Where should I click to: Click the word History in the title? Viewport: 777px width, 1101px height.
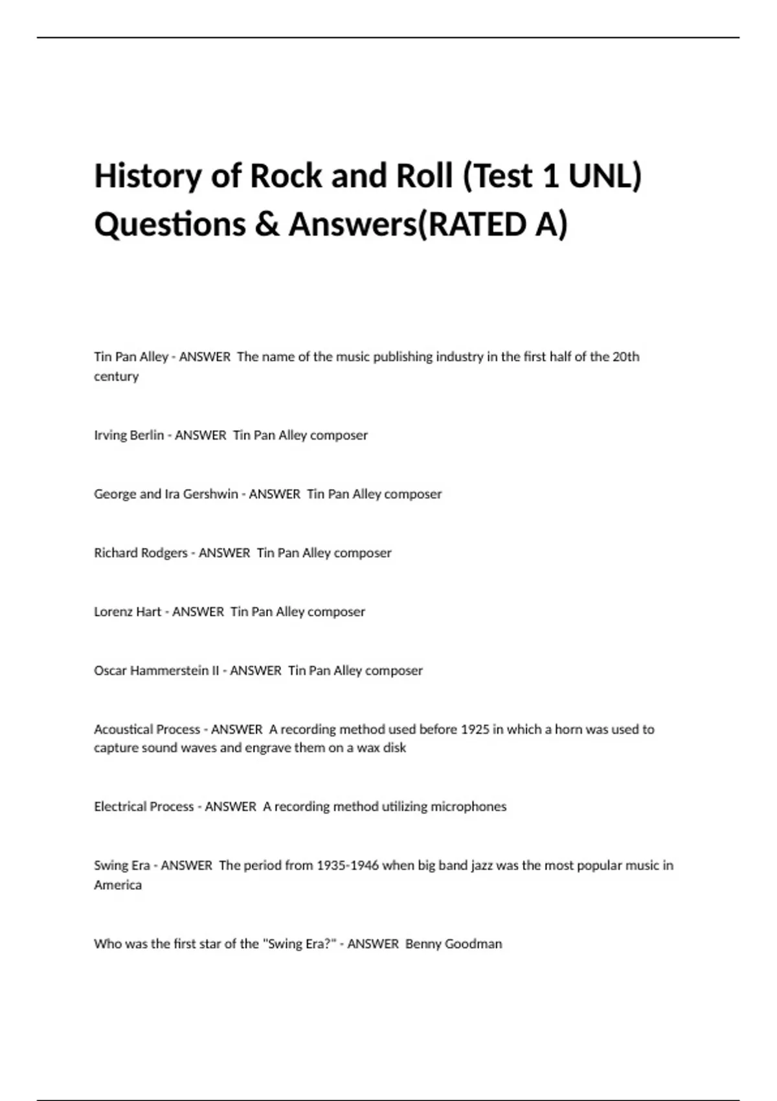tap(148, 176)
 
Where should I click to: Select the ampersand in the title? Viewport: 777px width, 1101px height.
tap(267, 225)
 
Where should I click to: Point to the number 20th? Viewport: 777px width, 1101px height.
tap(625, 356)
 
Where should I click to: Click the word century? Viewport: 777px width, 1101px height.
tap(116, 376)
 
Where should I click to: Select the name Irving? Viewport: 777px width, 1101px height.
tap(110, 435)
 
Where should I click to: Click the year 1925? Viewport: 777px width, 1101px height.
tap(475, 729)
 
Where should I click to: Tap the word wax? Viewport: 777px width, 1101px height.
tap(368, 748)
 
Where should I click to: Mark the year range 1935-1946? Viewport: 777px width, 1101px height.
tap(348, 866)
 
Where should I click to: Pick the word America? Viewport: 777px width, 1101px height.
tap(117, 885)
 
